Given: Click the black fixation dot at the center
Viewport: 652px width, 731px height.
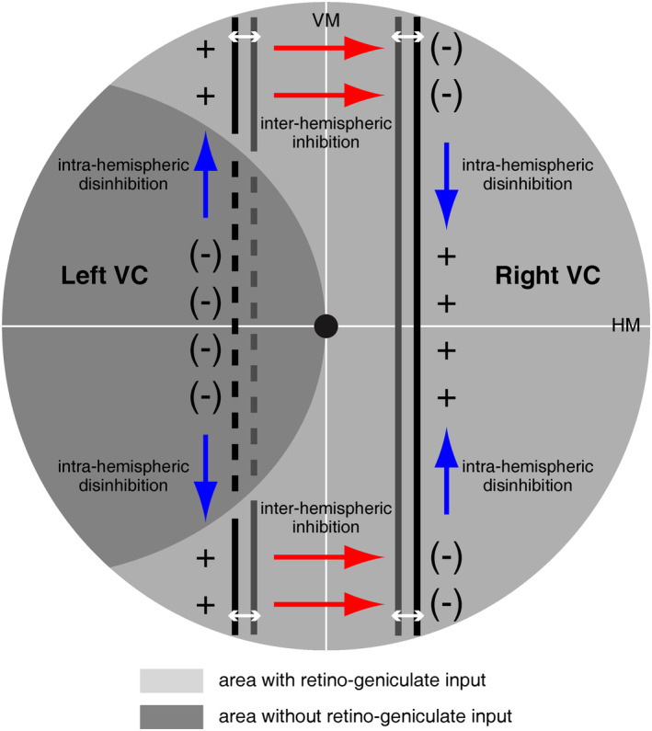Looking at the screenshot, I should tap(326, 326).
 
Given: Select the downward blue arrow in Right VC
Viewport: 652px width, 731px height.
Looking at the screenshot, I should tap(447, 184).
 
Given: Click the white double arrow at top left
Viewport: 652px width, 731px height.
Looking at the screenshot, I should tap(244, 36).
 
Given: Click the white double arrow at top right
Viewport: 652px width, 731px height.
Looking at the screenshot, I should tap(407, 36).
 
